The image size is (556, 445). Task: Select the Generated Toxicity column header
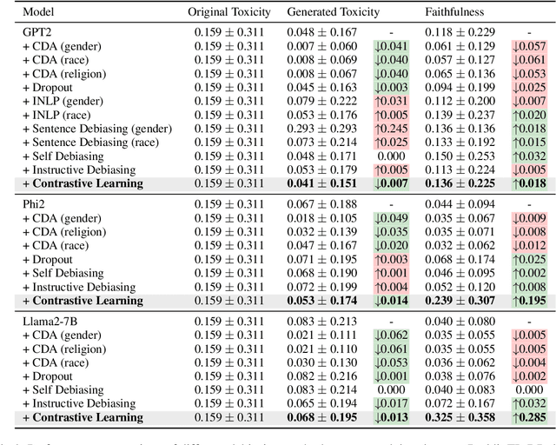point(333,12)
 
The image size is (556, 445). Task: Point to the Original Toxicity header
point(228,12)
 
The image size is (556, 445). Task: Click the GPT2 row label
point(38,31)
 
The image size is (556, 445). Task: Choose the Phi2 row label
point(35,204)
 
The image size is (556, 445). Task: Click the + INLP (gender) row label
point(60,101)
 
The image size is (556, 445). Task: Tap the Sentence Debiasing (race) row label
point(90,143)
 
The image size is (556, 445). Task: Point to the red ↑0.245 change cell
point(391,129)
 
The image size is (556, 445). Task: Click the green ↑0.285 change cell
point(528,418)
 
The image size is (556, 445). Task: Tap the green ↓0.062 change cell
point(391,335)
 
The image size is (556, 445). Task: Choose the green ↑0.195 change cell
point(528,301)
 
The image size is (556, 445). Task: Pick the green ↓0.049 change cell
point(391,218)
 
